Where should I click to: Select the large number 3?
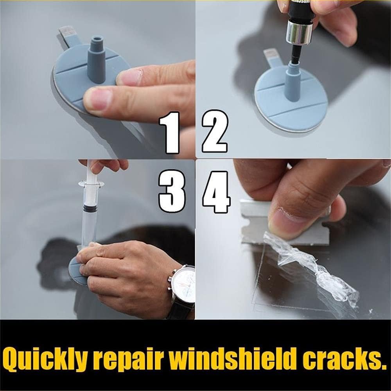[172, 191]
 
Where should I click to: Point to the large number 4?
[216, 192]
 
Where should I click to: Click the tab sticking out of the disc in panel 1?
[68, 38]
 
